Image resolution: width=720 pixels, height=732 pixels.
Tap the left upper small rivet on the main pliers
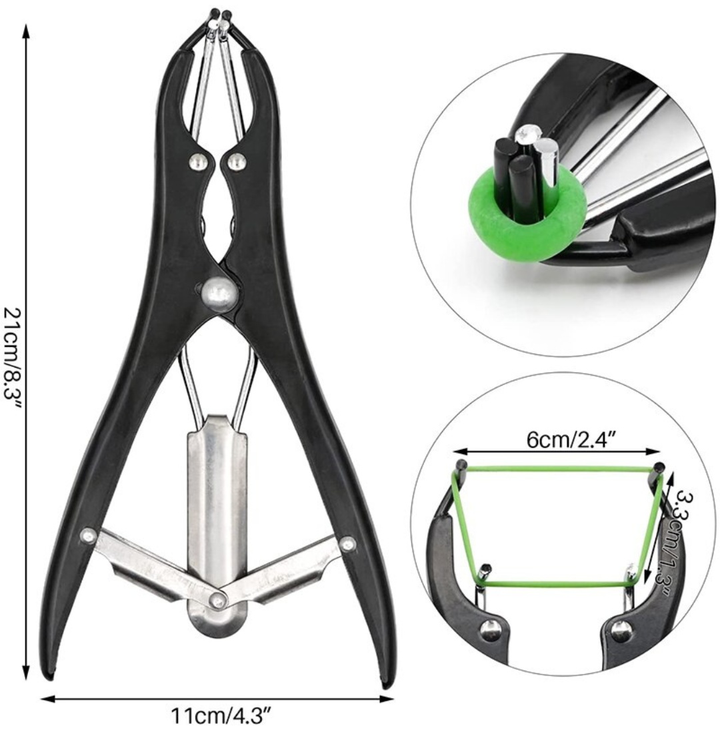coord(197,161)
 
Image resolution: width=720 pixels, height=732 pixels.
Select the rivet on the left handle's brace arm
coord(88,536)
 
